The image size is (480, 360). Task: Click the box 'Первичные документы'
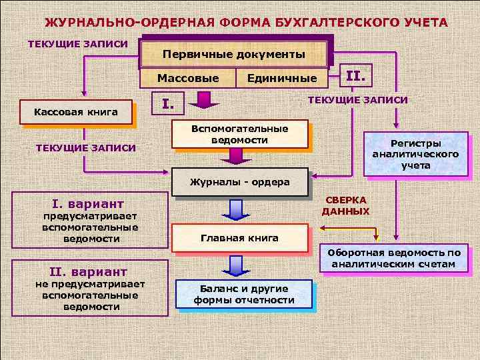click(x=235, y=54)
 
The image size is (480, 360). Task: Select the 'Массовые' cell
click(x=188, y=79)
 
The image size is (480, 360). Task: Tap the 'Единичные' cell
click(x=282, y=79)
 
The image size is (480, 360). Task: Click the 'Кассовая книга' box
click(x=76, y=111)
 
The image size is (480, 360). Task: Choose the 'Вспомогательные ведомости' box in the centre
click(x=239, y=134)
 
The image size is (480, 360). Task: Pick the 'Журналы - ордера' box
click(x=239, y=182)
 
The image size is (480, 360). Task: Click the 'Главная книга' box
click(x=239, y=238)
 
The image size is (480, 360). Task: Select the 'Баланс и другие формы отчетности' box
click(x=244, y=294)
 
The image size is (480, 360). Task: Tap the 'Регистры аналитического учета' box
click(x=415, y=154)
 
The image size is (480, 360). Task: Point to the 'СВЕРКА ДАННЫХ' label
click(x=345, y=205)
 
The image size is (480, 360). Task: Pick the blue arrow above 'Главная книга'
click(x=235, y=209)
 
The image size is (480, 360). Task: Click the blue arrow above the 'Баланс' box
click(x=235, y=265)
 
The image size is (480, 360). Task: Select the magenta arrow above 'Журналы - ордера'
click(x=235, y=155)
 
